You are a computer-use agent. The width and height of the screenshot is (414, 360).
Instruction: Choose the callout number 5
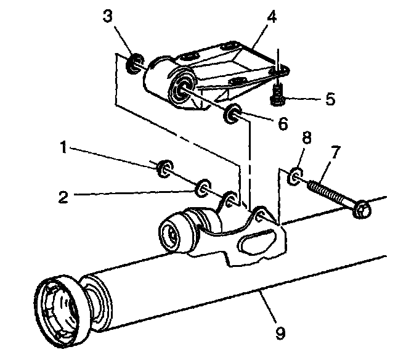(330, 99)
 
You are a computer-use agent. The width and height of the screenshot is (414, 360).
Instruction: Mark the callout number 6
(282, 123)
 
